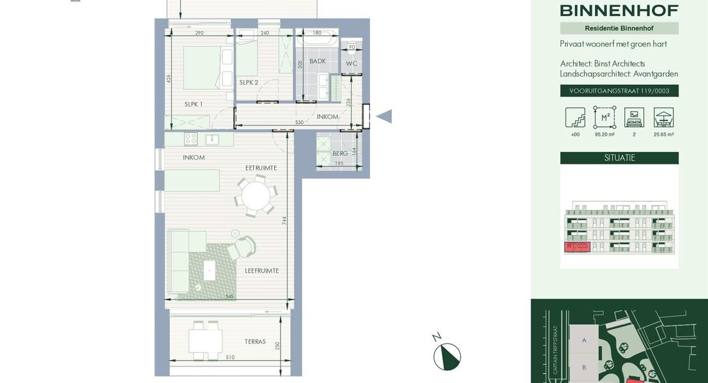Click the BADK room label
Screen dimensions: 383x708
[x=318, y=61]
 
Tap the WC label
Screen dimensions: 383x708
[x=351, y=64]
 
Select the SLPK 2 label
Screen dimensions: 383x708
[x=249, y=82]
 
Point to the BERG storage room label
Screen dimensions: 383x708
[x=340, y=153]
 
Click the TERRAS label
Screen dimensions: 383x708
[x=255, y=342]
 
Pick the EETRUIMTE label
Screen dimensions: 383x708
[x=261, y=168]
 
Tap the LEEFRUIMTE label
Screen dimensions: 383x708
[x=262, y=271]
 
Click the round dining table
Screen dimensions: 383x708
[x=256, y=196]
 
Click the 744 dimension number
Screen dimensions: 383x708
[x=284, y=220]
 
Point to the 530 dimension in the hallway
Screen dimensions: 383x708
[x=299, y=122]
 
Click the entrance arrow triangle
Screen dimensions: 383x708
[x=384, y=116]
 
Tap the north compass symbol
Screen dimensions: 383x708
[x=447, y=356]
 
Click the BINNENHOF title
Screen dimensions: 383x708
[x=619, y=10]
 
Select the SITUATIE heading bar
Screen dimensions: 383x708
[x=619, y=158]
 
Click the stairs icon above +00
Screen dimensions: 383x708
[x=575, y=117]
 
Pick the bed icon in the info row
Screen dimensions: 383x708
[x=634, y=117]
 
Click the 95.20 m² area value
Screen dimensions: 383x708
[x=604, y=135]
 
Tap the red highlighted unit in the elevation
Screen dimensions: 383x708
[x=576, y=247]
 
